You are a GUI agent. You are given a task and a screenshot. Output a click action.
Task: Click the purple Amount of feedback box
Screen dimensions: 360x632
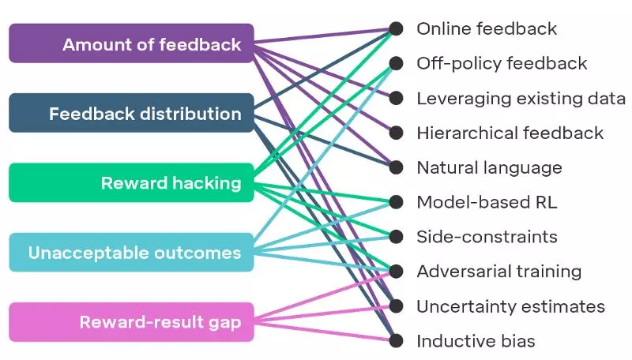click(x=131, y=43)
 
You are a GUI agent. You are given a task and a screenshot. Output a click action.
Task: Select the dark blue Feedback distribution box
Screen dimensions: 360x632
click(x=131, y=113)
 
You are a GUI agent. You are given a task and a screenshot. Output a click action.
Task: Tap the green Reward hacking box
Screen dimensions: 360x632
click(x=131, y=183)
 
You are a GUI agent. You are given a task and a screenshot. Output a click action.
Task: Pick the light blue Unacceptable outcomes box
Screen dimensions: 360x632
click(x=131, y=253)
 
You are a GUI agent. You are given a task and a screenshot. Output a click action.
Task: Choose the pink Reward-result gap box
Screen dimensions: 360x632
click(x=131, y=322)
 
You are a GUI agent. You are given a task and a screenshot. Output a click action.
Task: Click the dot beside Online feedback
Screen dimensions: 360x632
click(x=396, y=29)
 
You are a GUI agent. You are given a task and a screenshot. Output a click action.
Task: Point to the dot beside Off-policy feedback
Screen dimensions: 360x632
click(x=396, y=64)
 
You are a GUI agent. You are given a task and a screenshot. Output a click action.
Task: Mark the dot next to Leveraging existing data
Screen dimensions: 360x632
click(x=396, y=99)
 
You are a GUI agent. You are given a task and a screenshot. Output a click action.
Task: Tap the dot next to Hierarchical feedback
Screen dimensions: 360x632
click(x=396, y=133)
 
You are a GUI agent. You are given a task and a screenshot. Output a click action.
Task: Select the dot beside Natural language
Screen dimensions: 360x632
click(x=396, y=168)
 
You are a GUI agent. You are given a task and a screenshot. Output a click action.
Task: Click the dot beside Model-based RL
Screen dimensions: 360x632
click(x=396, y=202)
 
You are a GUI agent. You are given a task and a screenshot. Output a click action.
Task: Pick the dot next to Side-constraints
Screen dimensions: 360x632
click(x=396, y=237)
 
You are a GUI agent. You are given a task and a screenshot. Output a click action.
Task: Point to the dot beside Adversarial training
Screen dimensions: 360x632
click(x=396, y=272)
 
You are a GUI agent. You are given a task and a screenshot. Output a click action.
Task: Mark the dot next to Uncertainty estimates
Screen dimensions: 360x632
click(x=396, y=306)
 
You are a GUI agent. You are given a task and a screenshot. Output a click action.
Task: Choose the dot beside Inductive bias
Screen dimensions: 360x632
click(x=396, y=341)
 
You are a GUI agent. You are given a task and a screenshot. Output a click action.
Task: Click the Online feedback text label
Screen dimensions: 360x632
click(x=487, y=29)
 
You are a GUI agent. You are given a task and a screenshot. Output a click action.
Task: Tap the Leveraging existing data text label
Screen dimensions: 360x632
click(x=521, y=99)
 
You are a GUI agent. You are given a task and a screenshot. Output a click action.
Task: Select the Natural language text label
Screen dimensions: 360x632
click(x=489, y=168)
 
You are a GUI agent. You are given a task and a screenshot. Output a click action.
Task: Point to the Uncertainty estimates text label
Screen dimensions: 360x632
click(x=510, y=306)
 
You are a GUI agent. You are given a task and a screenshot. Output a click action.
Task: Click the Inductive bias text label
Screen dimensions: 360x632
click(x=476, y=341)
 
